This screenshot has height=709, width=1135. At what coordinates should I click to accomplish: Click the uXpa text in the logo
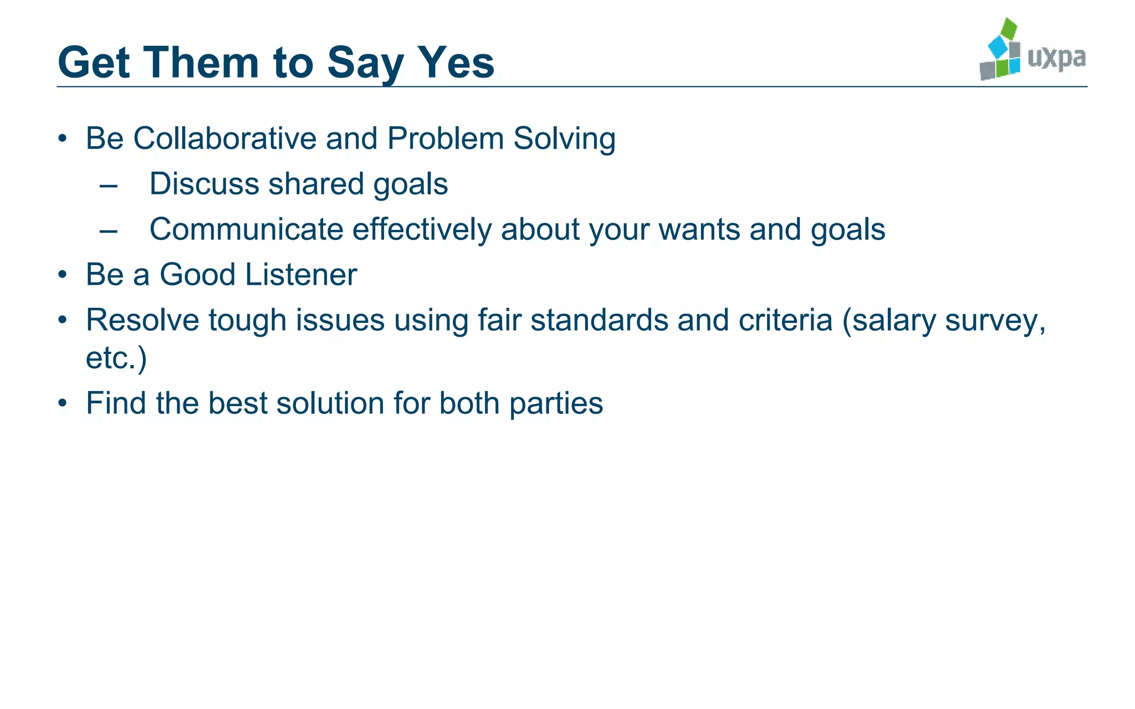click(1056, 58)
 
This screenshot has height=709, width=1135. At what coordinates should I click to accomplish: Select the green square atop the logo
click(1009, 29)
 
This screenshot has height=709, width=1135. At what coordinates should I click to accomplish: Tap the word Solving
click(564, 140)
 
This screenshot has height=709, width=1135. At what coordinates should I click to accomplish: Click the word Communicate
click(247, 229)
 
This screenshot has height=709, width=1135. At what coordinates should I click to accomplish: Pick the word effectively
click(422, 229)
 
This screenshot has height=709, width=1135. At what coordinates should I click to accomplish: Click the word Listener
click(301, 275)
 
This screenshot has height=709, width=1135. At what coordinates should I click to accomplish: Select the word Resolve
click(142, 320)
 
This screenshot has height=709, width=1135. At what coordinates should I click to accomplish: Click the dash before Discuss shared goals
click(109, 185)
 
